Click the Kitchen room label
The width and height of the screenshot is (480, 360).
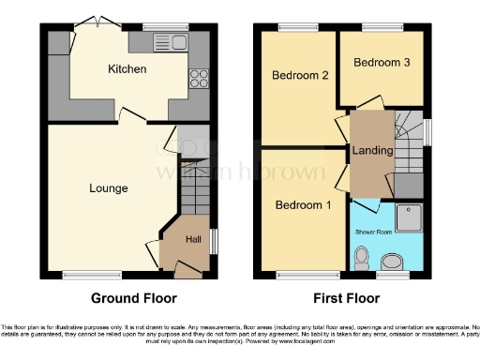tap(127, 69)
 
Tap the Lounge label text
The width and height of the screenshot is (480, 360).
tap(108, 188)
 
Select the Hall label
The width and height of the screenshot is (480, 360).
tap(193, 240)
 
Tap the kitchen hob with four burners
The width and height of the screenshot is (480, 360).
tap(199, 80)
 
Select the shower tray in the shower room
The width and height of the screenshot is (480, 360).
tap(411, 218)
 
